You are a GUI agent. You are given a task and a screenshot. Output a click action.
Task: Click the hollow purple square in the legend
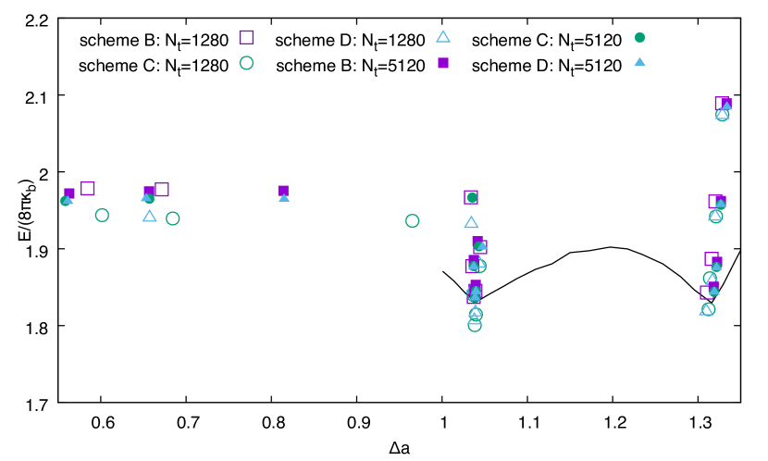coord(246,37)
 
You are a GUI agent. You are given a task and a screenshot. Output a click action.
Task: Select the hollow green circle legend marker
coord(246,63)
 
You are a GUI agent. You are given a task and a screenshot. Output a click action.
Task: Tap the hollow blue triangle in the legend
coord(443,37)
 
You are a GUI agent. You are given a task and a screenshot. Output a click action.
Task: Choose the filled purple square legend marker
coord(443,63)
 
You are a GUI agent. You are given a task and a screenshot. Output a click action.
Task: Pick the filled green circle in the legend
coord(639,38)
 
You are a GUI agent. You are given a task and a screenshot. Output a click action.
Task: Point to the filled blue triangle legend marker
coord(639,62)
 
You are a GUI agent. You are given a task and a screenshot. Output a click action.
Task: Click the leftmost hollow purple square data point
coord(88,188)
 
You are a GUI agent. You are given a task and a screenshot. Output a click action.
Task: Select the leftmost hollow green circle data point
coord(102,215)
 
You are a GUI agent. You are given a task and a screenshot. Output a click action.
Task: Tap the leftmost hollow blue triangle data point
coord(149,216)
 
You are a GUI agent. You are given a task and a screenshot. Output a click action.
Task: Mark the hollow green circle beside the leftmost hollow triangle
coord(173,218)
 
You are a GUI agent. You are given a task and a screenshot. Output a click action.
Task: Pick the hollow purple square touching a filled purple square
coord(162,189)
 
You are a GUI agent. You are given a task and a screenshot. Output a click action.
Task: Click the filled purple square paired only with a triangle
coord(283,190)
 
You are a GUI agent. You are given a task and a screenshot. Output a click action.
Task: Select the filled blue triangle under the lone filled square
coord(284,197)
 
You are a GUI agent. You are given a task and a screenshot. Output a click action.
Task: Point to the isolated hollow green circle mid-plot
coord(413,220)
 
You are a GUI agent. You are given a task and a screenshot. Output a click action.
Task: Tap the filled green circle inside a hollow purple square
coord(472,197)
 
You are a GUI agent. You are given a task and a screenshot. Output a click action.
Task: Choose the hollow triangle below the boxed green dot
coord(471,222)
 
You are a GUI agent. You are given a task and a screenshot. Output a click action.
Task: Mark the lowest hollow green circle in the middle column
coord(475,325)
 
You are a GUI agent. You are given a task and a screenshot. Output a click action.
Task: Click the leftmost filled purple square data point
coord(69,193)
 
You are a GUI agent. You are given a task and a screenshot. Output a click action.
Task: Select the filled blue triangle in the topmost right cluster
coord(727,106)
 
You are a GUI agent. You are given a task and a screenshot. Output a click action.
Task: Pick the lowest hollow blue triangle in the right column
coord(705,310)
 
